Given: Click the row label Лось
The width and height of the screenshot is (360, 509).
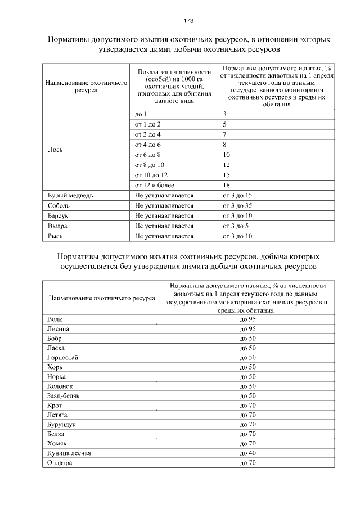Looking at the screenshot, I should pos(55,150).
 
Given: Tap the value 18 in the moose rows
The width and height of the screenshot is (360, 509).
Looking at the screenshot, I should pos(227,185).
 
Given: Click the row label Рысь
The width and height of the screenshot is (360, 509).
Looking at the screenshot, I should pos(55,236).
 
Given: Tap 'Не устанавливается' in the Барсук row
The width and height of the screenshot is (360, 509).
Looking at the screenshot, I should pos(164,216).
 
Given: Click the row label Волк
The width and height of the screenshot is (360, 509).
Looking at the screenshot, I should pos(55,319).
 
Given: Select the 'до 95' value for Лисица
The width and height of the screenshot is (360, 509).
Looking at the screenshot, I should pos(247,329).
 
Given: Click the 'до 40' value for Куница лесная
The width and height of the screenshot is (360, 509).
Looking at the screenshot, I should pos(247,453).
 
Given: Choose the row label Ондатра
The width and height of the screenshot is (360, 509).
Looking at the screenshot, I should pos(60,463).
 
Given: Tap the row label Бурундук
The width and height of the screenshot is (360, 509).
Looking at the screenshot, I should pos(62,424).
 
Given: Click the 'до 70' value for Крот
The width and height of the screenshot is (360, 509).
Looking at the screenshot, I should pos(247,405).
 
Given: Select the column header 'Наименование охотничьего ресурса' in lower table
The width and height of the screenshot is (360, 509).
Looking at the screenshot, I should pos(102,298).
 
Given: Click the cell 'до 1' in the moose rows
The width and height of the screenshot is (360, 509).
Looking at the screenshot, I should pos(141,114).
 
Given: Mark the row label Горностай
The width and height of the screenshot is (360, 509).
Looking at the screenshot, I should pos(63,357).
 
